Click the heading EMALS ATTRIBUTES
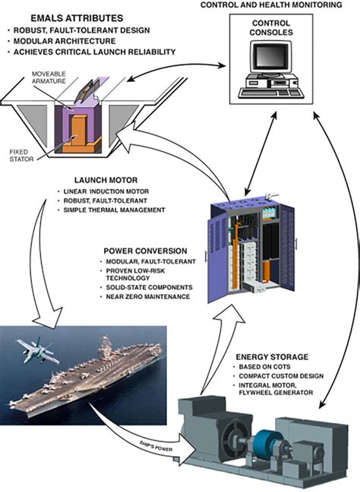click(x=73, y=16)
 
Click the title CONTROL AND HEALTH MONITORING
click(x=279, y=5)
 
